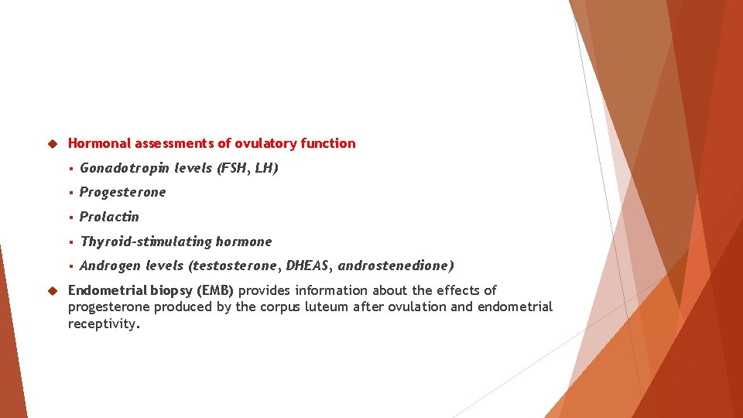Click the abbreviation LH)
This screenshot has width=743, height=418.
[266, 168]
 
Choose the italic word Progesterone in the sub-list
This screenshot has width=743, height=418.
[122, 192]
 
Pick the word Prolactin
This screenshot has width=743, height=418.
[109, 217]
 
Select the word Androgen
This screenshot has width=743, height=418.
[110, 266]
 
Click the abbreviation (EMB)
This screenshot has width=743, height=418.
[215, 290]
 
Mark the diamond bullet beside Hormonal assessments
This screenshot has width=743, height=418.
[53, 144]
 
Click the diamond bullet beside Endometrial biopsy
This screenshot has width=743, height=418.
[53, 291]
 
